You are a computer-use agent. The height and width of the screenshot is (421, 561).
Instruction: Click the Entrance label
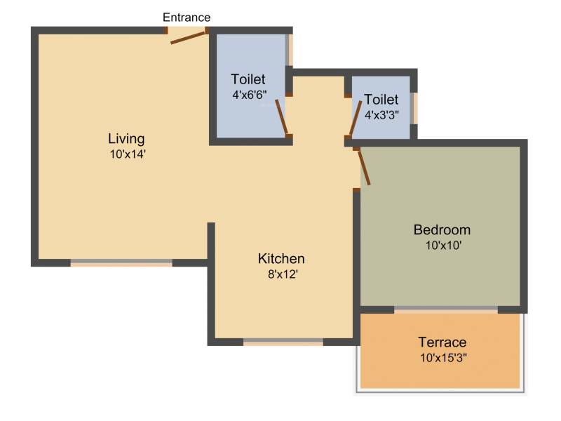187,17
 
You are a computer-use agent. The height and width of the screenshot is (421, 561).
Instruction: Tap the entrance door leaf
189,38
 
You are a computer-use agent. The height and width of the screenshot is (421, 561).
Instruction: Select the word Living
126,138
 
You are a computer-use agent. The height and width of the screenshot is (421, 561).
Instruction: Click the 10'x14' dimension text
128,154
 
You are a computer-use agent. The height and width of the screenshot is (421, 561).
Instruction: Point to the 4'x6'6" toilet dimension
250,95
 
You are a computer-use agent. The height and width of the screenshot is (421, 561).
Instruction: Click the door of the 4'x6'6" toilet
282,117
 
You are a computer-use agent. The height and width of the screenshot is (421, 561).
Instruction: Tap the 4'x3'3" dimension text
381,115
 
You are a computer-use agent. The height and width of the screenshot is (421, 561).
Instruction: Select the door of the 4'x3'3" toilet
356,118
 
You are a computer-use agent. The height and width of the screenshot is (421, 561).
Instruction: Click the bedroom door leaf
364,167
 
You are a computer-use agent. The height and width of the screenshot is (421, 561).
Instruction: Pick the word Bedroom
442,230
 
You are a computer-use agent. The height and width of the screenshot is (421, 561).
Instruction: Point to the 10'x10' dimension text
443,246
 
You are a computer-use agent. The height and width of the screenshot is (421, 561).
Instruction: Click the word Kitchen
281,258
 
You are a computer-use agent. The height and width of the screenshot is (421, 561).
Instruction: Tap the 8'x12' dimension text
283,274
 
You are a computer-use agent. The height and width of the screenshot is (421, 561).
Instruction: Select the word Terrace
442,342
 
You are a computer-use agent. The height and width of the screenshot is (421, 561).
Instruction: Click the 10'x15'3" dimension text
443,358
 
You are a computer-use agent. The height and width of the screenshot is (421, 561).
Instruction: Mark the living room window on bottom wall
121,262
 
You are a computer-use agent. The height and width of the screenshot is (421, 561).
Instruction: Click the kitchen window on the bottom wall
283,342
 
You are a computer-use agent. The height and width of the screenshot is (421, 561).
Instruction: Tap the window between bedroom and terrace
446,309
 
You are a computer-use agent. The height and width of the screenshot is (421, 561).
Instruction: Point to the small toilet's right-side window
414,108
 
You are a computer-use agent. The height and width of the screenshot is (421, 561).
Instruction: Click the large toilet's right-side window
289,50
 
